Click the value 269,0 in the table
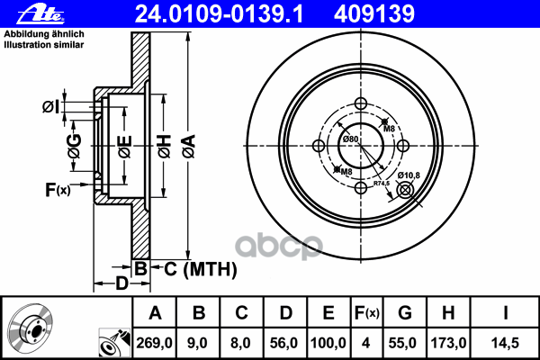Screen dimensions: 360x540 (x=154, y=341)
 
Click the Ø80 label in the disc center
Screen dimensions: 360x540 (x=350, y=139)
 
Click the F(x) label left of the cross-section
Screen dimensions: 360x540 (x=57, y=189)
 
